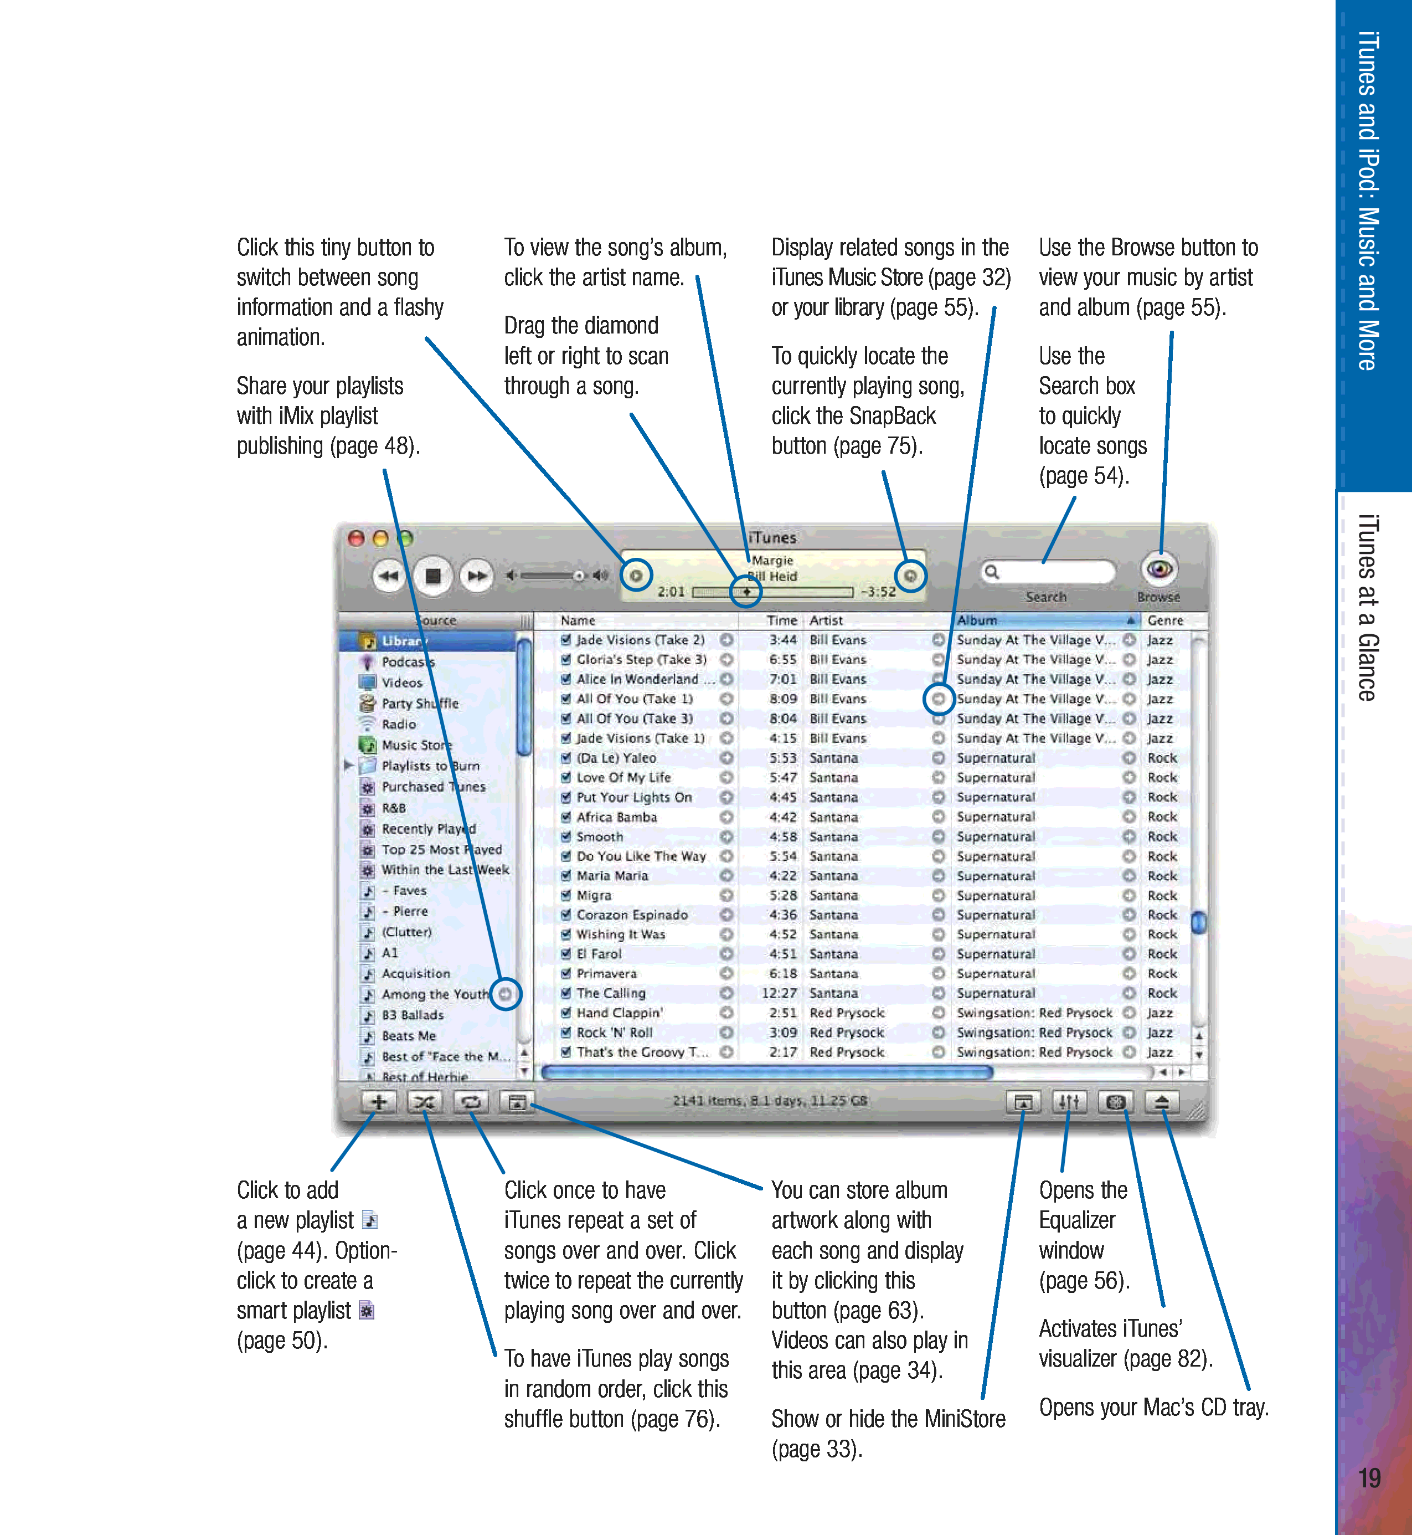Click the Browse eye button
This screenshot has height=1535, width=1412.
pyautogui.click(x=1159, y=569)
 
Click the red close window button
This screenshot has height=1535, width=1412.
pyautogui.click(x=356, y=538)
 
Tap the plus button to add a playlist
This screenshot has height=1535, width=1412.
pyautogui.click(x=379, y=1102)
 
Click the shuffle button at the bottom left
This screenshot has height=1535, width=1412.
pyautogui.click(x=424, y=1102)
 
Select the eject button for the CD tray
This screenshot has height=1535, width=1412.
pyautogui.click(x=1161, y=1102)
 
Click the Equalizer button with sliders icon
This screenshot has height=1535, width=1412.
pyautogui.click(x=1069, y=1102)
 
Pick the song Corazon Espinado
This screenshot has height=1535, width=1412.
pyautogui.click(x=632, y=915)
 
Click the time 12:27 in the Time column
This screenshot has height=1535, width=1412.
pyautogui.click(x=779, y=993)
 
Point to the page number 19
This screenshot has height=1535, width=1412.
pyautogui.click(x=1369, y=1478)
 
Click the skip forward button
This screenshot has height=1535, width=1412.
pyautogui.click(x=477, y=576)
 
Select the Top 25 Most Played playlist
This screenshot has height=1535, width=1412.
pyautogui.click(x=442, y=849)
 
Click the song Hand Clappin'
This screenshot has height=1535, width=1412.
pyautogui.click(x=620, y=1013)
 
